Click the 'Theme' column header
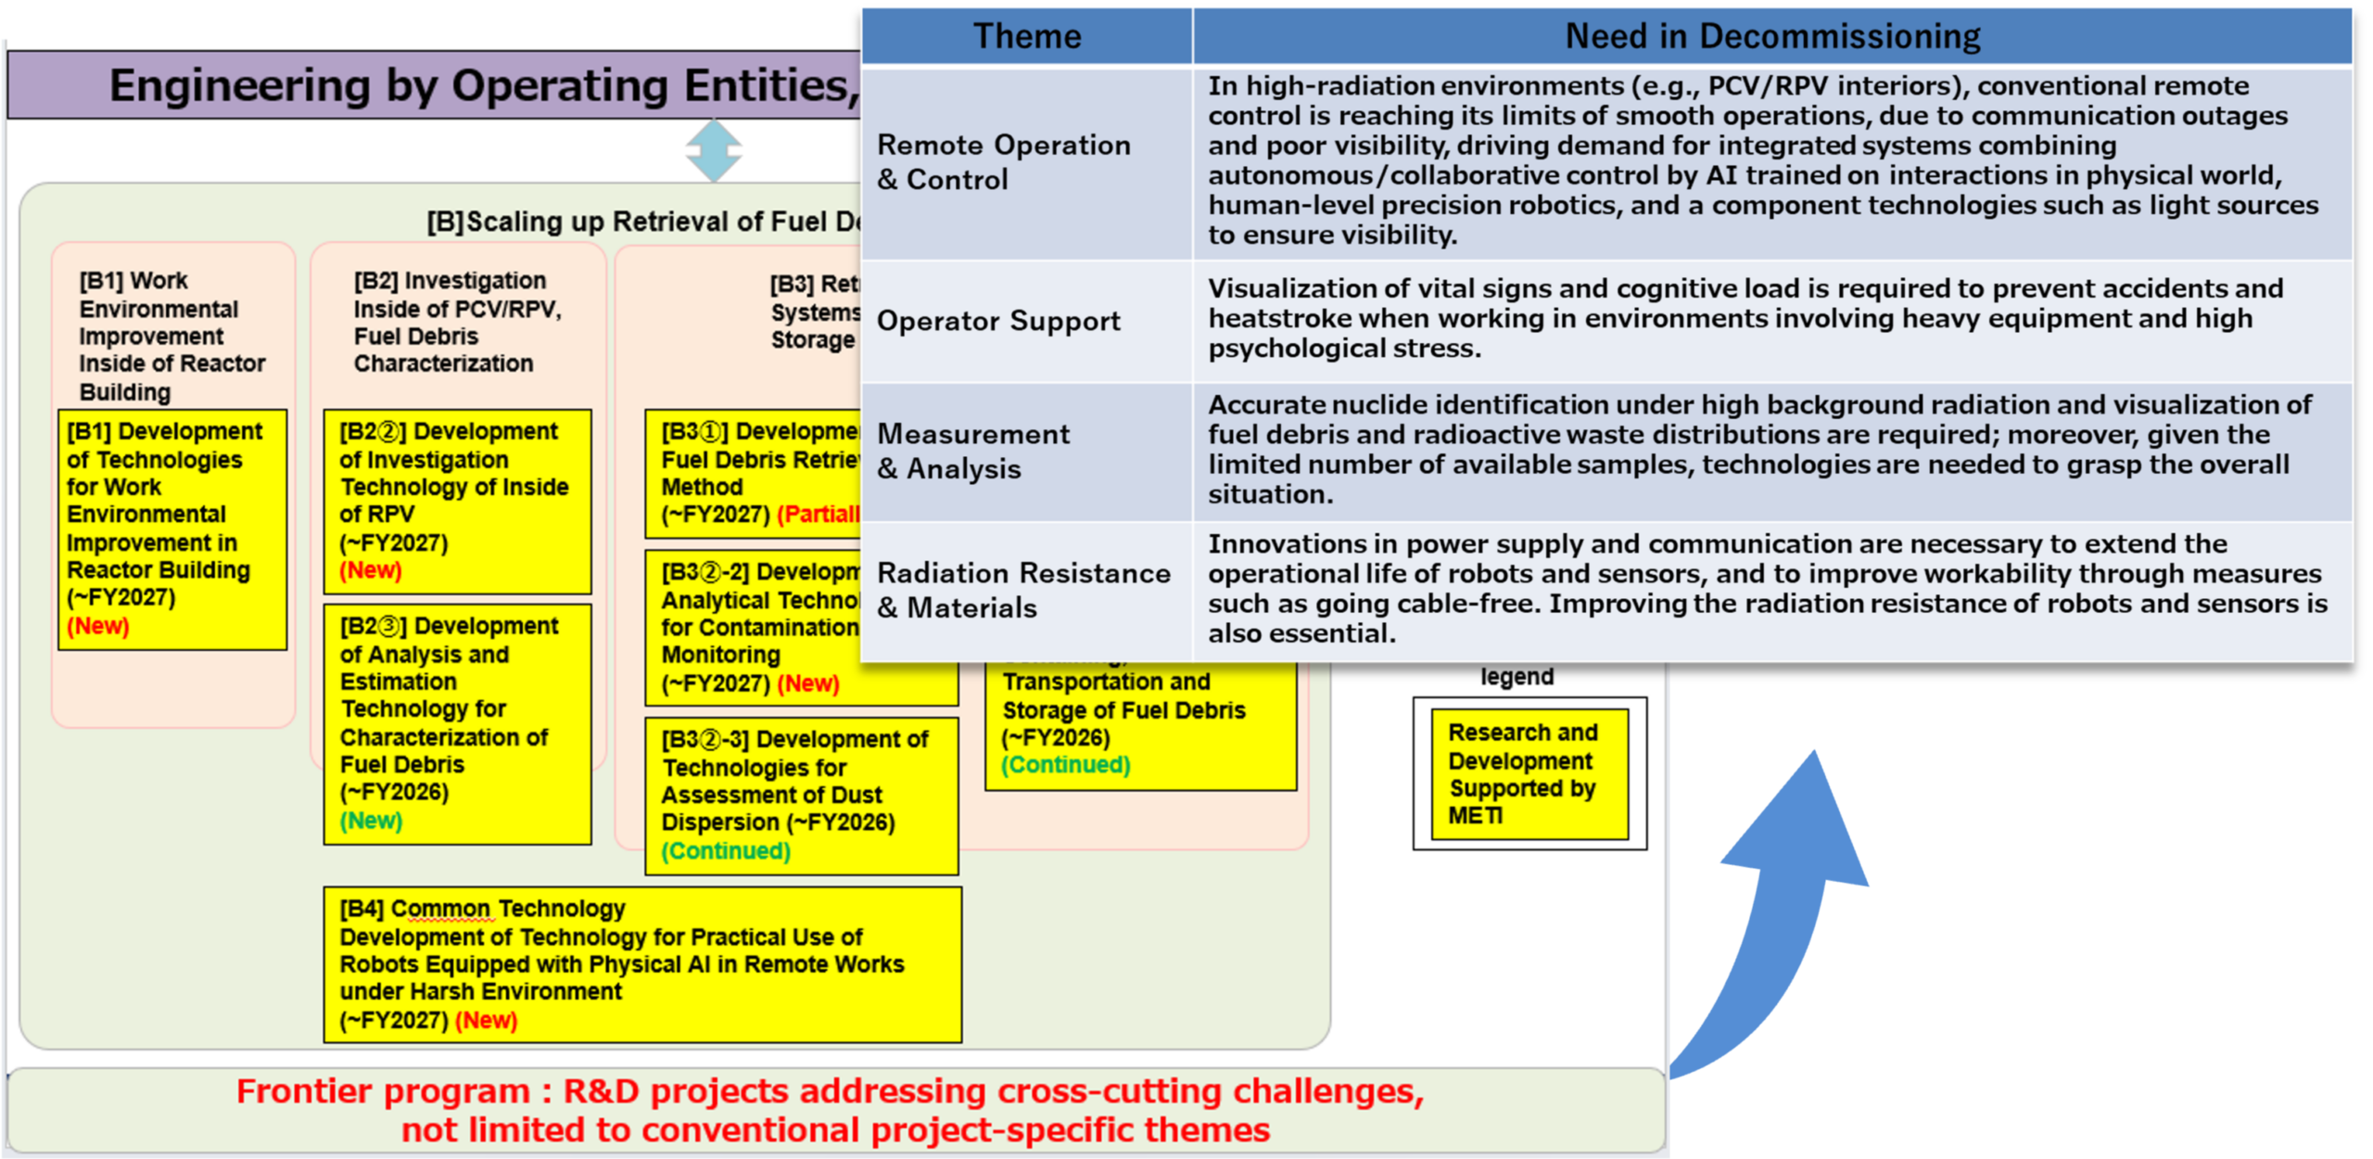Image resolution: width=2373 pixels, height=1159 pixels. coord(1026,36)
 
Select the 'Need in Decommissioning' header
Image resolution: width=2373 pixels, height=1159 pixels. coord(1771,36)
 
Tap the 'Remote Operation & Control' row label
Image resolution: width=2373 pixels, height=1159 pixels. coord(1004,161)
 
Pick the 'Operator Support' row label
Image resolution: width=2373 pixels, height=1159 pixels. coord(998,321)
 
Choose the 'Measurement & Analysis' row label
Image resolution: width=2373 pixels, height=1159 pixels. coord(973,451)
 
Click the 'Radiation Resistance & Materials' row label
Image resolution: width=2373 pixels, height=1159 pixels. coord(1023,590)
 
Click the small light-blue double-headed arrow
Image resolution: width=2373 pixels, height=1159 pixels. coord(714,150)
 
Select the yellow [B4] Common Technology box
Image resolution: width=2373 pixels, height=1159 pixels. coord(641,964)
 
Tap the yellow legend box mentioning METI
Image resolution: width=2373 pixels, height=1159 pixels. coord(1529,773)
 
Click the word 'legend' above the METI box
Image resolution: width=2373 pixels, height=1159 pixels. coord(1516,677)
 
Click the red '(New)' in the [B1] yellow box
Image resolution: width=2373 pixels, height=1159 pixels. coord(98,626)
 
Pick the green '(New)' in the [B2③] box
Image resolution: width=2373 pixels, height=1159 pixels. coord(371,821)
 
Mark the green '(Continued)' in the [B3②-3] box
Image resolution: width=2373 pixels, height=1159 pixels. coord(726,850)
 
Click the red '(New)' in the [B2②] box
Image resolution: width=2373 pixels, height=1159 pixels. coord(371,570)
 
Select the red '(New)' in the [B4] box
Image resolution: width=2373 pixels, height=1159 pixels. coord(486,1020)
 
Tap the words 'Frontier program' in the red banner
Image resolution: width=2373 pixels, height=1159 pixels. coord(383,1091)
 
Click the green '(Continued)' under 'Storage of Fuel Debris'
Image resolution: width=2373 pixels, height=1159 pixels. coord(1065,765)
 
